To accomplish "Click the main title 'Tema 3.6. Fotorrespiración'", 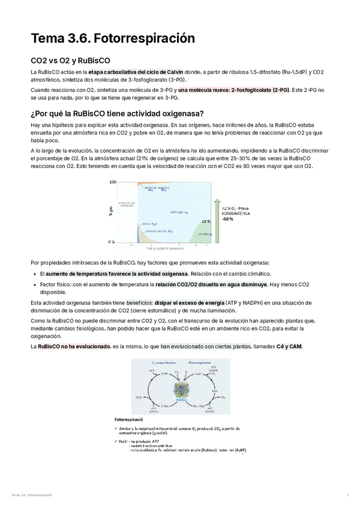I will click(x=113, y=38).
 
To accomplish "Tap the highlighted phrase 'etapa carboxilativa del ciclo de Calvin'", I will click(x=136, y=72).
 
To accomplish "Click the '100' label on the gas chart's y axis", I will click(x=112, y=182).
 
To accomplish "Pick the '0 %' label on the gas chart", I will click(x=112, y=242).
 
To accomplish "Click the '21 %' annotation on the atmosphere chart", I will click(x=205, y=221).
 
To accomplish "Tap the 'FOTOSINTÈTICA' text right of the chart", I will click(x=236, y=213).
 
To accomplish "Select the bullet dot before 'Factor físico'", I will click(x=35, y=285).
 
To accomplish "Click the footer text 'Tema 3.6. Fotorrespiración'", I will click(x=31, y=495).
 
